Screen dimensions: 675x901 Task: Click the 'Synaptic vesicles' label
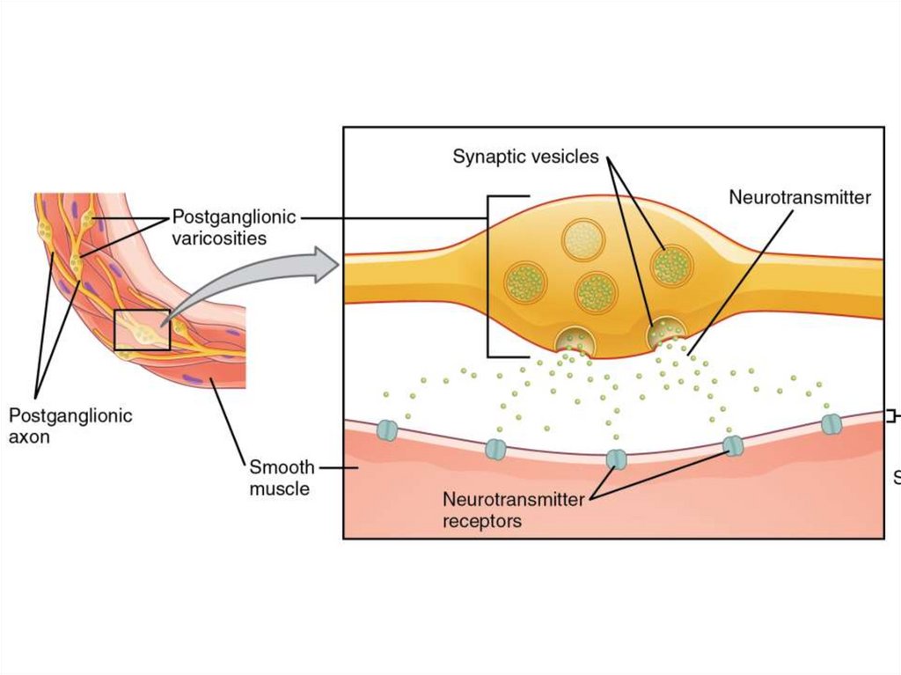(x=525, y=158)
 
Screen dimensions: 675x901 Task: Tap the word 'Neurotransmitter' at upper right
(x=799, y=197)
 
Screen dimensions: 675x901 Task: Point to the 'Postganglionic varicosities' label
(x=233, y=227)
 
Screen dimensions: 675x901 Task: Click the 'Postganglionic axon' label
(x=70, y=426)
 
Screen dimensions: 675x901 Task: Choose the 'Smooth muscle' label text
(x=281, y=478)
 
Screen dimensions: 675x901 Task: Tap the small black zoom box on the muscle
(x=142, y=330)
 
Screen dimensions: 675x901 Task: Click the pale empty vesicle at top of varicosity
(x=582, y=239)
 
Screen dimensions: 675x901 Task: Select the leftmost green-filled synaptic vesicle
(x=526, y=282)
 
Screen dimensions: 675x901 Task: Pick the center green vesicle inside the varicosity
(x=596, y=292)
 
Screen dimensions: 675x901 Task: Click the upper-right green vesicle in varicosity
(x=671, y=265)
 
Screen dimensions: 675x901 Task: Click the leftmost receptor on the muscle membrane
(x=387, y=430)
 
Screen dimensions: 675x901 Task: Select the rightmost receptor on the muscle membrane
(x=831, y=424)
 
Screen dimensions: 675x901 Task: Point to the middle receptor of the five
(x=616, y=459)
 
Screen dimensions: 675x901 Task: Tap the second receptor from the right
(x=733, y=446)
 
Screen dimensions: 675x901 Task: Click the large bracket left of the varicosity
(x=489, y=276)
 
